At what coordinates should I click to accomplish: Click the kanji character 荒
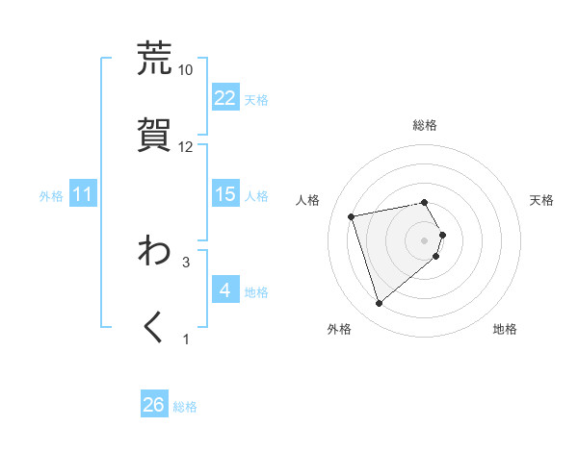[x=154, y=58]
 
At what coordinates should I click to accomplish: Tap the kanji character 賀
[x=154, y=134]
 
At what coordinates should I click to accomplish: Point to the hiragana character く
[x=154, y=326]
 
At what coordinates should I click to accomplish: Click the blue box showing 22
[x=225, y=98]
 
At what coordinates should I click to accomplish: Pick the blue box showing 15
[x=225, y=194]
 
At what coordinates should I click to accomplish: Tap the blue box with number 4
[x=225, y=289]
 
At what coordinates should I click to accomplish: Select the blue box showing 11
[x=83, y=194]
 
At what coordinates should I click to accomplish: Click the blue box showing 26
[x=154, y=405]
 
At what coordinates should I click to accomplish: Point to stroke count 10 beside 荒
[x=186, y=69]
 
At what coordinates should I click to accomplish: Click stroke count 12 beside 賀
[x=186, y=146]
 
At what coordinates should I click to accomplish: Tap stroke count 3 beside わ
[x=186, y=261]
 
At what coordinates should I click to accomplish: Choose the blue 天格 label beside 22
[x=256, y=99]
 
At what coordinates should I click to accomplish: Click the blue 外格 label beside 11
[x=51, y=195]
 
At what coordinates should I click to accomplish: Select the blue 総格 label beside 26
[x=185, y=406]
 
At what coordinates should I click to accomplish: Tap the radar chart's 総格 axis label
[x=425, y=125]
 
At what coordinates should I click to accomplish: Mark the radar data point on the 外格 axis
[x=380, y=303]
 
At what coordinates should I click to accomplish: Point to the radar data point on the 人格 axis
[x=352, y=215]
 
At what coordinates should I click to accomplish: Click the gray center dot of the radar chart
[x=425, y=239]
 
